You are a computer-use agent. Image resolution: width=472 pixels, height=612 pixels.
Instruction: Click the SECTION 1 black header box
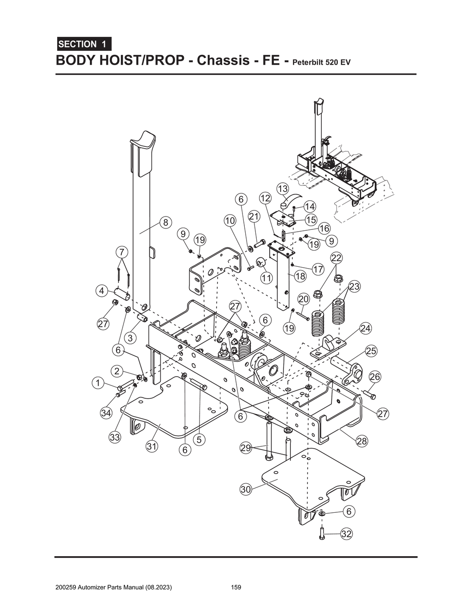(83, 44)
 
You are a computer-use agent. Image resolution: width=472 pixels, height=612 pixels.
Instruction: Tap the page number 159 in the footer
(236, 588)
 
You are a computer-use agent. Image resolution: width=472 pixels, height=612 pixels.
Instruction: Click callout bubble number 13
(283, 189)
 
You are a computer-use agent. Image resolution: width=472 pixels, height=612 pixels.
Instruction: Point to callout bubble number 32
(346, 534)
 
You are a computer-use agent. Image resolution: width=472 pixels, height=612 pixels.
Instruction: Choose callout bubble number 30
(246, 489)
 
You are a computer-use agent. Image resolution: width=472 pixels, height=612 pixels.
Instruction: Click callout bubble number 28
(362, 441)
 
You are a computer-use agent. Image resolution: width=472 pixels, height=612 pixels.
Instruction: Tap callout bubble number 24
(365, 329)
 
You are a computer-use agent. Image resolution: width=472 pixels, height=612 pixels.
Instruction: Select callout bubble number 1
(97, 383)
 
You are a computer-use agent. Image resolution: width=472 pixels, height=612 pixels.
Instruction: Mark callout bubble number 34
(106, 413)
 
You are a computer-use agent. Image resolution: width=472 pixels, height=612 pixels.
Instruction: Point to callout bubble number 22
(336, 258)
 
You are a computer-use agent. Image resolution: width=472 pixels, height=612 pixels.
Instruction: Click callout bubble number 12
(265, 198)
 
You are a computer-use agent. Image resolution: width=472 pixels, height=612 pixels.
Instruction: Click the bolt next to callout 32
(322, 534)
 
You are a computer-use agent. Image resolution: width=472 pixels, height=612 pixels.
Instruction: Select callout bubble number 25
(371, 351)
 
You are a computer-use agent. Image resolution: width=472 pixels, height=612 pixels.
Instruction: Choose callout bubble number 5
(199, 439)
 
